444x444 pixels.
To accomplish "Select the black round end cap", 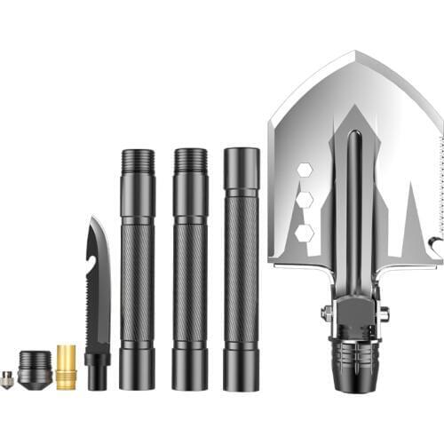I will (35, 369).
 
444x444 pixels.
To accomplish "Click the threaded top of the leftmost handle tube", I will (138, 161).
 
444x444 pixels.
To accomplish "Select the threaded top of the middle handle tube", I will (190, 161).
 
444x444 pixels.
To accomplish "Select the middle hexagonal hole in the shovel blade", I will (305, 200).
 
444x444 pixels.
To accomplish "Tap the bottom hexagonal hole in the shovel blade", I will (305, 233).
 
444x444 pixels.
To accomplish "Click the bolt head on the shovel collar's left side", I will (327, 312).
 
